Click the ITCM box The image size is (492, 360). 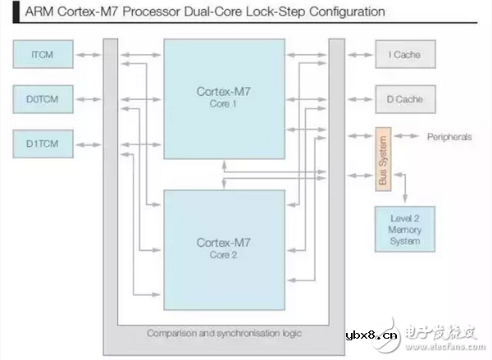coord(43,56)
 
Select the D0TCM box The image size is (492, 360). coord(43,100)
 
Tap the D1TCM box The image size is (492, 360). coord(43,145)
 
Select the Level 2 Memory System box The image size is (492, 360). coord(405,230)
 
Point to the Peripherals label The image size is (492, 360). coord(449,137)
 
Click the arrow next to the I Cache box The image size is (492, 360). coord(358,56)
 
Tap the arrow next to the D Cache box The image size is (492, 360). coord(358,99)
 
